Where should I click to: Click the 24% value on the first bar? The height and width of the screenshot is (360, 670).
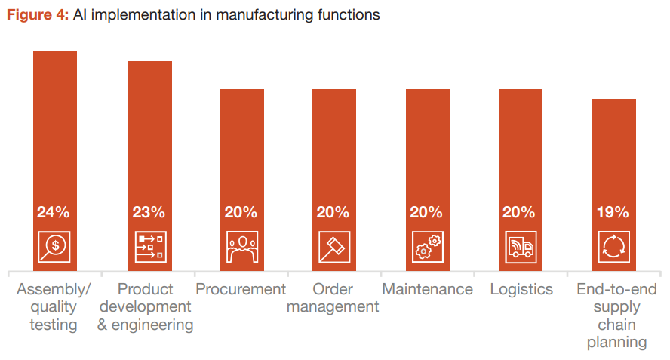54,212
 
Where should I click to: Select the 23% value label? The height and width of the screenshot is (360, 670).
149,212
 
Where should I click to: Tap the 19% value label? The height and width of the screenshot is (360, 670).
613,212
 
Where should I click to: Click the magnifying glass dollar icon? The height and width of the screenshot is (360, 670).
54,246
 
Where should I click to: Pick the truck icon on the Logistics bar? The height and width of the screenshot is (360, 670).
521,246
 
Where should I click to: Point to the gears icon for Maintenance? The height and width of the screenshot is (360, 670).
427,246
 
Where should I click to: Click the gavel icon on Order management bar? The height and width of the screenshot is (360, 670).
333,246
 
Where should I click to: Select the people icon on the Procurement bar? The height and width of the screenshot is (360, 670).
241,246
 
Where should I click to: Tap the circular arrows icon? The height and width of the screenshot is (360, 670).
613,246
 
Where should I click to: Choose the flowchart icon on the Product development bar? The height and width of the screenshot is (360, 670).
149,246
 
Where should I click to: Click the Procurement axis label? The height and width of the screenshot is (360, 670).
241,289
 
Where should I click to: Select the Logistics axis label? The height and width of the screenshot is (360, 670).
521,289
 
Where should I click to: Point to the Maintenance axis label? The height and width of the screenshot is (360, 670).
427,289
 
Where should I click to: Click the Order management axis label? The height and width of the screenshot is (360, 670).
333,298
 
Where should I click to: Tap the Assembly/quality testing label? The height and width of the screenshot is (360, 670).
54,306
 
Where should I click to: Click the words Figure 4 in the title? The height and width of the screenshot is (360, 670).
38,15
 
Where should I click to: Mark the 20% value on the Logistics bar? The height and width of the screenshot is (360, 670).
521,212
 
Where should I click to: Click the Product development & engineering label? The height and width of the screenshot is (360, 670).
146,306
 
